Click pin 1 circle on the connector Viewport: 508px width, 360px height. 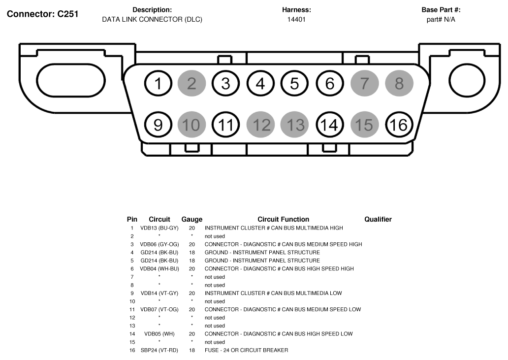pos(158,83)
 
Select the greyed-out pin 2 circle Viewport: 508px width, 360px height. pos(191,83)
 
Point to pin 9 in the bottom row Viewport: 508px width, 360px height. pos(158,125)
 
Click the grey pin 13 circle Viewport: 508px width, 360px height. pos(295,125)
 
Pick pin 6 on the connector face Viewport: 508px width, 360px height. pos(329,83)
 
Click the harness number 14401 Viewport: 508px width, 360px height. pos(296,20)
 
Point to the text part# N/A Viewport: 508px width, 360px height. pos(441,20)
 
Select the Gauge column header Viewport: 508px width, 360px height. pos(192,220)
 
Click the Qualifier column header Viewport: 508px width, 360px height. pos(378,220)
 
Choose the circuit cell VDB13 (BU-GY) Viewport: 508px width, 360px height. pos(159,228)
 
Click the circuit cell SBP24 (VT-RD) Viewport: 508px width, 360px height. pos(159,350)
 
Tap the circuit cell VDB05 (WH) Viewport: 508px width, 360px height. pos(159,334)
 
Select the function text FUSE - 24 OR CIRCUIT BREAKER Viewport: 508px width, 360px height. pos(246,350)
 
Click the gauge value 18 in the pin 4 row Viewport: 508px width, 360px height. pos(192,253)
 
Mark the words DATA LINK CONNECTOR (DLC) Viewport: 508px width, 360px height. pos(152,20)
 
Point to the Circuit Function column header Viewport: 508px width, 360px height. pos(283,220)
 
